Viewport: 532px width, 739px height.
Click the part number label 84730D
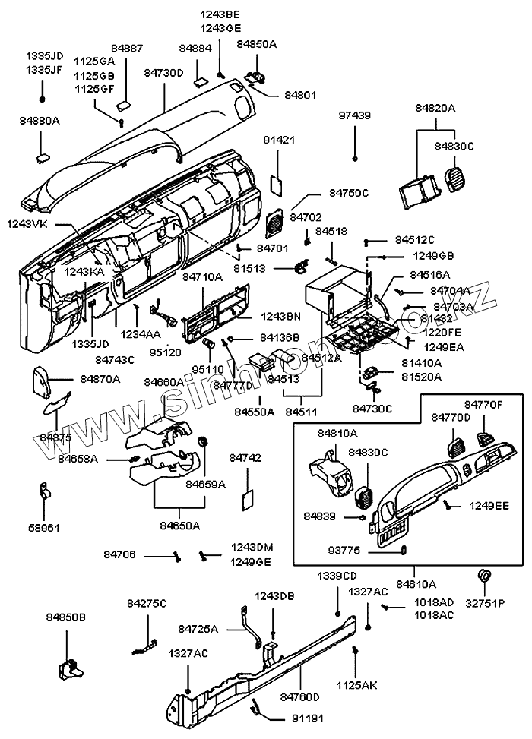tap(164, 72)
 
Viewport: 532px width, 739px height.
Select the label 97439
tap(355, 115)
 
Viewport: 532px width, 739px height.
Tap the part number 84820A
tap(435, 109)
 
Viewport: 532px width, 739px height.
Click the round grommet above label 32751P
tap(483, 575)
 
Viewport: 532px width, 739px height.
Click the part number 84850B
tap(66, 618)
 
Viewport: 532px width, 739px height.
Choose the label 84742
tap(245, 458)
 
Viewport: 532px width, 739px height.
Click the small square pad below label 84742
tap(247, 498)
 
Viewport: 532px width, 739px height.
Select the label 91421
tap(279, 141)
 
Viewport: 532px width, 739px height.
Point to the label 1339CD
tap(337, 576)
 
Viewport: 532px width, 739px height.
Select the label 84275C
tap(147, 603)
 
